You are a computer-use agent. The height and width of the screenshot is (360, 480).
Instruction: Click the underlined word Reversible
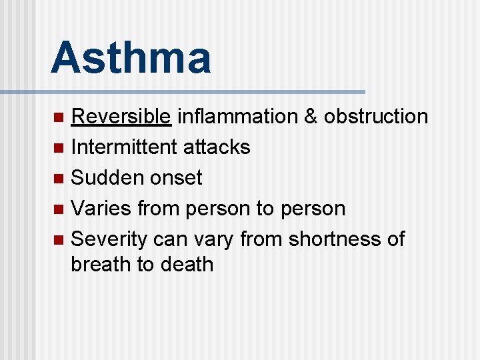pos(121,117)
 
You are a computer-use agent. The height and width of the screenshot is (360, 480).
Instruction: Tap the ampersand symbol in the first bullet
pos(310,117)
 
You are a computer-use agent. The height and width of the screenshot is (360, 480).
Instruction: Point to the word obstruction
pos(375,117)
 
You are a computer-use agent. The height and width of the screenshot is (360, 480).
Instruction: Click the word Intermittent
pos(123,147)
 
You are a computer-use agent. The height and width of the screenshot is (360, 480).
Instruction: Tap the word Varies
pos(101,209)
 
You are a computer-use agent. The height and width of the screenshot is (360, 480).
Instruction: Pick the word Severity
pos(109,239)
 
